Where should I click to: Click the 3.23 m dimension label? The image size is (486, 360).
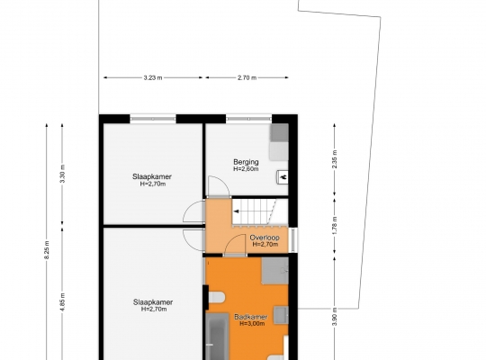153,77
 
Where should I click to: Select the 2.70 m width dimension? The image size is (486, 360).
247,77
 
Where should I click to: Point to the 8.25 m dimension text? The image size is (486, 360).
47,250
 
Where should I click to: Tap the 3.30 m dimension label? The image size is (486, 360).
62,174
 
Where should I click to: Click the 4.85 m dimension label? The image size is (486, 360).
62,302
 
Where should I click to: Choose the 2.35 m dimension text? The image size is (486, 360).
335,159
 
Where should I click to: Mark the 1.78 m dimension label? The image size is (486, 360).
335,225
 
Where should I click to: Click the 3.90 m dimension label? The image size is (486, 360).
335,316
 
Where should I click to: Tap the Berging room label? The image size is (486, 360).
246,162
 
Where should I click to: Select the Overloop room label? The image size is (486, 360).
265,238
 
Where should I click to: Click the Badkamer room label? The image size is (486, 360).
251,317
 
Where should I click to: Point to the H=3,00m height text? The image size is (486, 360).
252,324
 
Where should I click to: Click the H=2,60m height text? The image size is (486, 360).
246,169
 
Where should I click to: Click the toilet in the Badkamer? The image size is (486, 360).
216,297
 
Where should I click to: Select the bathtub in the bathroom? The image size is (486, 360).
217,337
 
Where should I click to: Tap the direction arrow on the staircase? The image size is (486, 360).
236,211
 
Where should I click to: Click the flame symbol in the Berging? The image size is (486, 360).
283,177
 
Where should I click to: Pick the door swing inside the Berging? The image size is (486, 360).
219,186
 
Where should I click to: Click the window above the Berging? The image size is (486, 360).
249,119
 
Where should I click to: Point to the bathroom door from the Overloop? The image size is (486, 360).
235,245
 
